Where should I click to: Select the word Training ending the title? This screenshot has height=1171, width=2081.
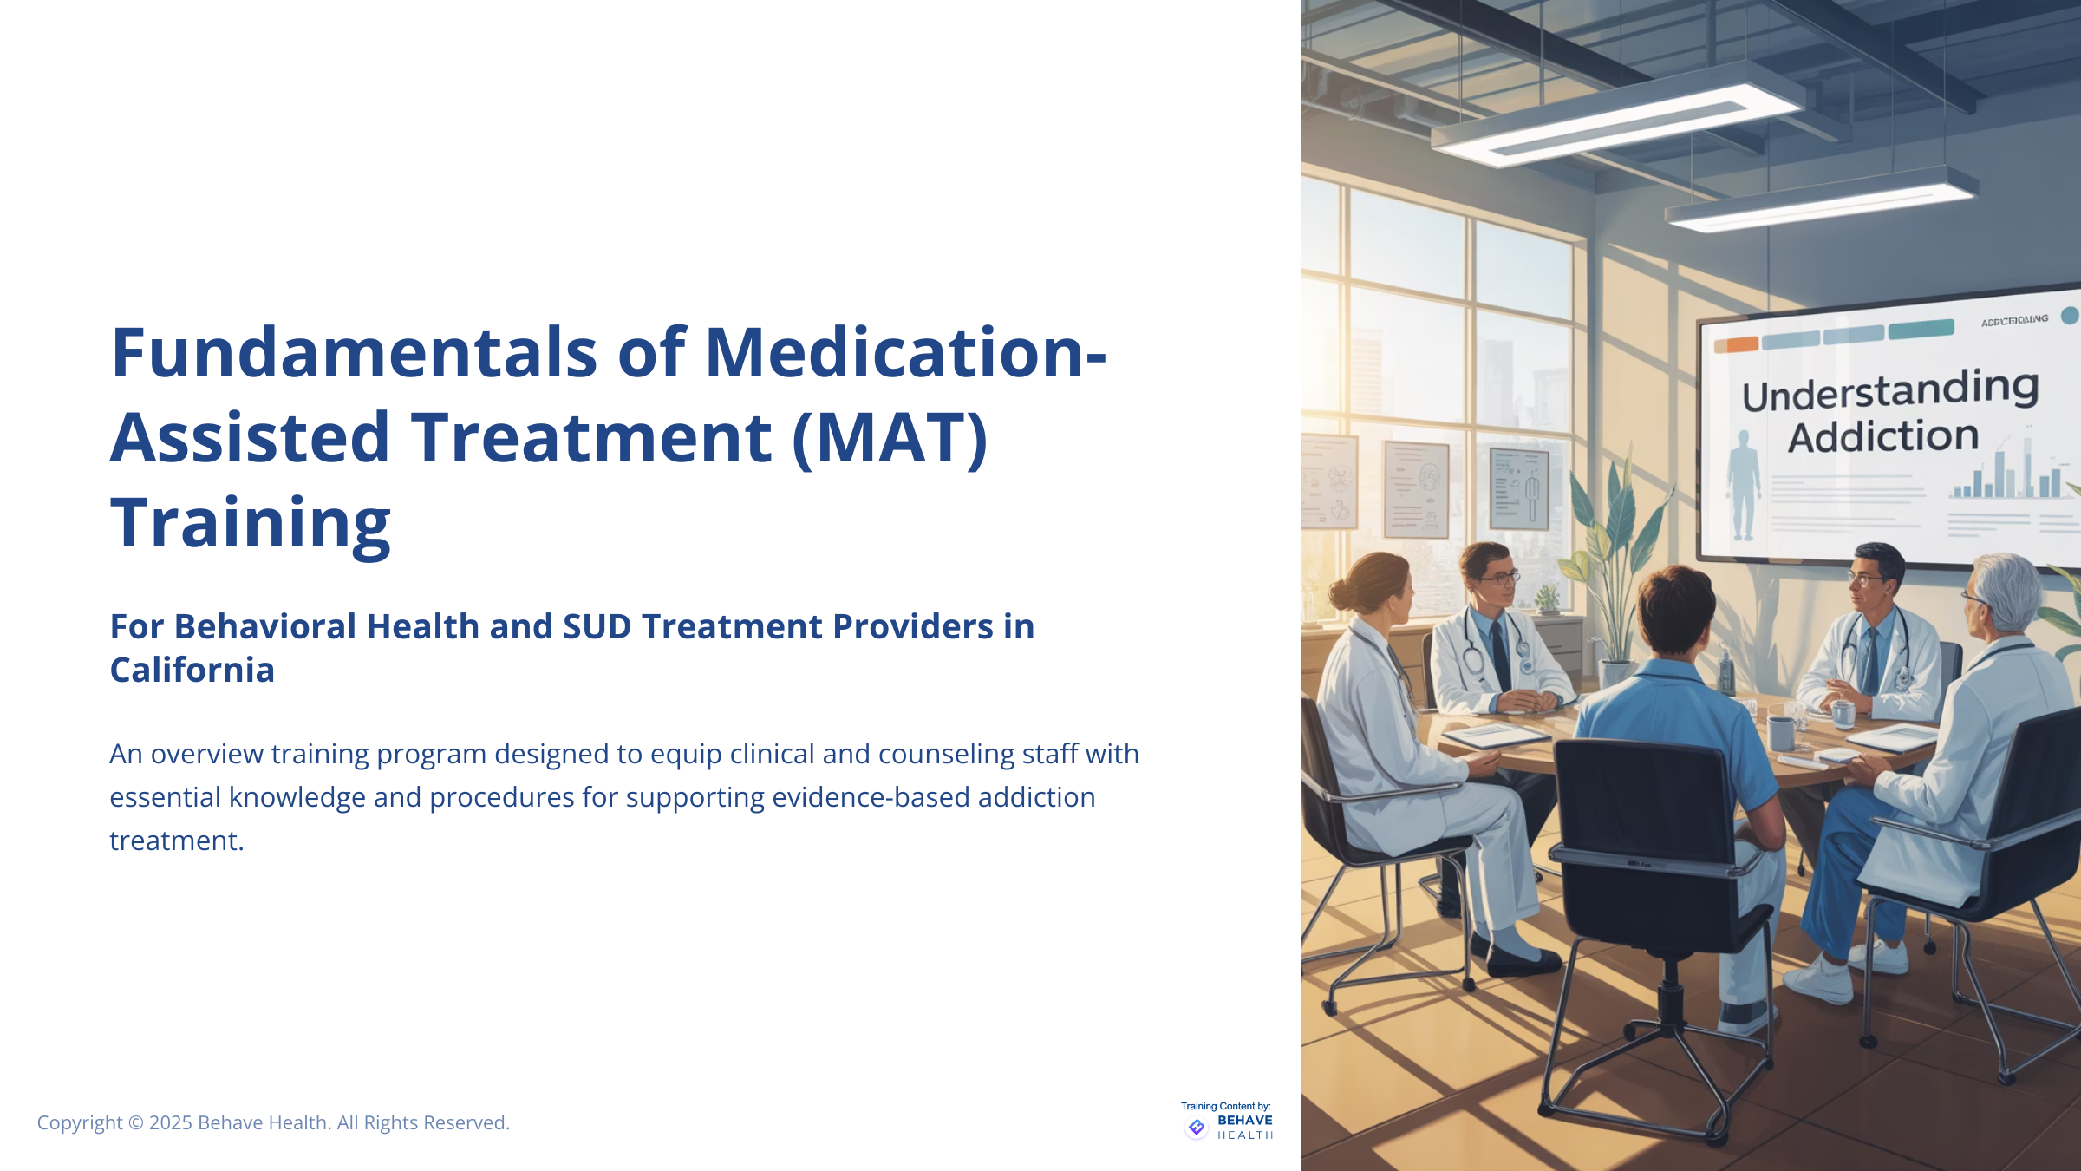pyautogui.click(x=251, y=524)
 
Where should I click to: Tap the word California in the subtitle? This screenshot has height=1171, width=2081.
pyautogui.click(x=192, y=671)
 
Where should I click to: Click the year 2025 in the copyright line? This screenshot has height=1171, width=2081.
pyautogui.click(x=170, y=1122)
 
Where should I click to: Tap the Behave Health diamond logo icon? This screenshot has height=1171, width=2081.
pyautogui.click(x=1197, y=1127)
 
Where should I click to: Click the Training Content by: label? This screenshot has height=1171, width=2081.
pyautogui.click(x=1225, y=1106)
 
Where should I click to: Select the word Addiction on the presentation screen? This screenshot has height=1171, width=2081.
pyautogui.click(x=1883, y=437)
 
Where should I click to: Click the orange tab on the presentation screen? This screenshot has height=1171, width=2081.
pyautogui.click(x=1736, y=344)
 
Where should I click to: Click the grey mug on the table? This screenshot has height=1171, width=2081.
pyautogui.click(x=1780, y=733)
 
